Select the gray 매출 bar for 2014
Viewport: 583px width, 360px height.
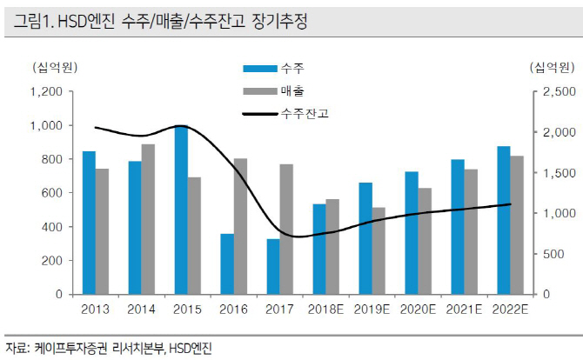click(149, 219)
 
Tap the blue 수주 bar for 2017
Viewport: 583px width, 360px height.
click(273, 266)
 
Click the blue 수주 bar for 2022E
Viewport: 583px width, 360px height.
click(504, 220)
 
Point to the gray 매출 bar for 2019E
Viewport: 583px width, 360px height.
click(379, 250)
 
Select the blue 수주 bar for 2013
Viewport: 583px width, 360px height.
click(89, 223)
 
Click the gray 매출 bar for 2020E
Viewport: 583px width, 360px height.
click(425, 241)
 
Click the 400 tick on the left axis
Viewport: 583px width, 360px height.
click(54, 227)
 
